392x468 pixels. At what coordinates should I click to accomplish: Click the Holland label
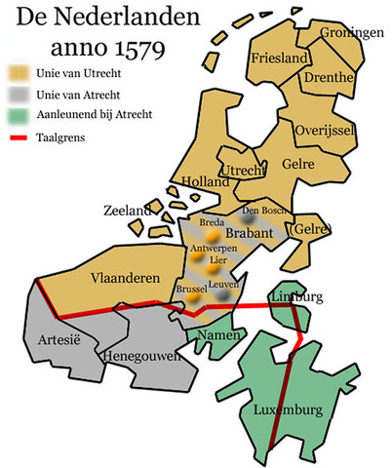(x=206, y=180)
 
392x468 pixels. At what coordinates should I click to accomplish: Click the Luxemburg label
(x=293, y=410)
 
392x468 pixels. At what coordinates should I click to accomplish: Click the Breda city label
(x=212, y=222)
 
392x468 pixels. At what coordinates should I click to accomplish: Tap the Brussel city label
(x=192, y=290)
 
